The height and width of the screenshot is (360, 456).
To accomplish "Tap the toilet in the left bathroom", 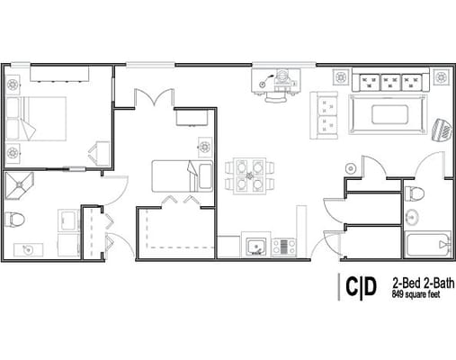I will pos(15,220).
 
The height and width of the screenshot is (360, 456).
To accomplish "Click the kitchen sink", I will pos(255,244).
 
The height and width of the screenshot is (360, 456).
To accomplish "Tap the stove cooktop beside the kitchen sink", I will pos(283,245).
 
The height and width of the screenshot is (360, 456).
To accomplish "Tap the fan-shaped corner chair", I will pos(443,130).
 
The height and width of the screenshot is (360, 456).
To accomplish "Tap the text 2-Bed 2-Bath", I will pos(419,281).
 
